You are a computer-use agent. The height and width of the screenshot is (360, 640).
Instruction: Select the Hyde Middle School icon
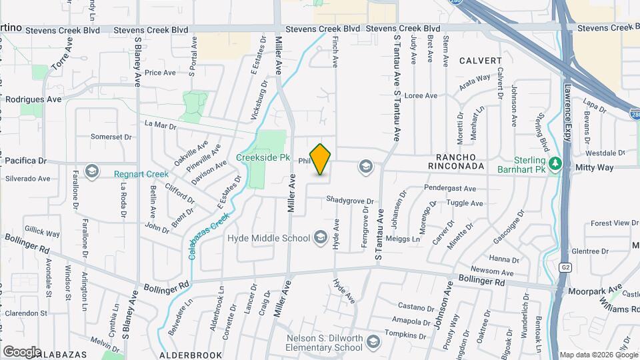click(x=320, y=238)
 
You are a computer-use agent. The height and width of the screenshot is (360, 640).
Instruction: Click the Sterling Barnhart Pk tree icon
click(x=554, y=162)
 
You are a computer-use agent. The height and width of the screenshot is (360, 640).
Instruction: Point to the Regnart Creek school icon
click(x=91, y=173)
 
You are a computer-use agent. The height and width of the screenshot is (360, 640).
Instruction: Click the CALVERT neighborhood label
click(x=480, y=61)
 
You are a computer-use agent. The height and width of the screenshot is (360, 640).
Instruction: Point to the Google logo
click(x=22, y=351)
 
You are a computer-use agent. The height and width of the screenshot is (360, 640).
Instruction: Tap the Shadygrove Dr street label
click(x=351, y=201)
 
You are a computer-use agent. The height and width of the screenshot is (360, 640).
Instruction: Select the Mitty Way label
click(x=595, y=167)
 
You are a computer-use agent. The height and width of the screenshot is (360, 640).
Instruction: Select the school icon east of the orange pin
click(x=365, y=165)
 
